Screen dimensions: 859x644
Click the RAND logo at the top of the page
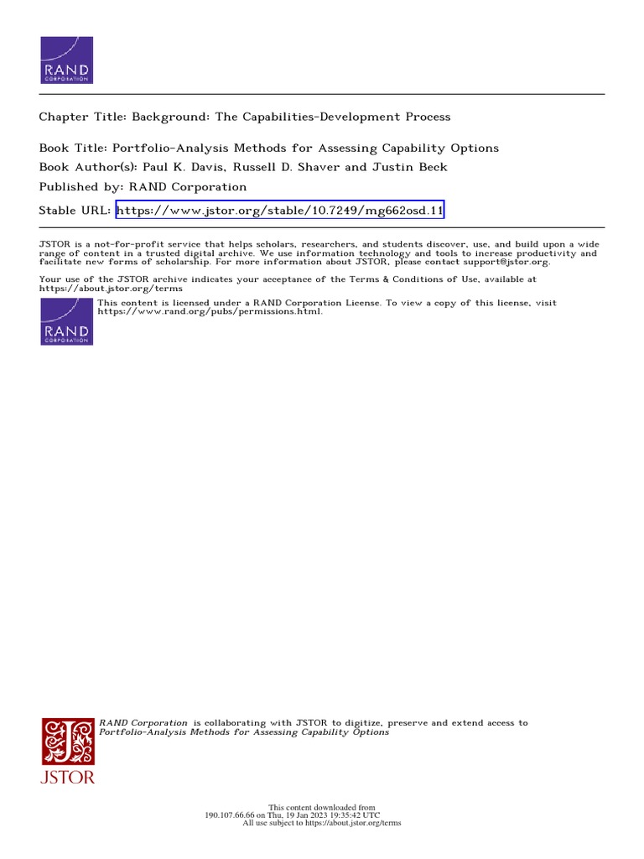tap(67, 60)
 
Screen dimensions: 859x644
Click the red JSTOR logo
tap(69, 749)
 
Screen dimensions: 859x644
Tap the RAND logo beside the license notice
tap(67, 320)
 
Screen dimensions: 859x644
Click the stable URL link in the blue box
tap(279, 210)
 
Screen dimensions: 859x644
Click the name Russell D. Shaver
tap(289, 166)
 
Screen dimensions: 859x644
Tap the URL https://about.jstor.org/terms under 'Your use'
tap(111, 288)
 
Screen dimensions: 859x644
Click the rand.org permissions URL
tap(210, 311)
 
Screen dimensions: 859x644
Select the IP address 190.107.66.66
tap(231, 815)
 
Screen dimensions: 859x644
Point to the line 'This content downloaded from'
tap(322, 807)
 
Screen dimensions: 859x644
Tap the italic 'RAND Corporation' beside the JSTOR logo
tap(143, 722)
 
